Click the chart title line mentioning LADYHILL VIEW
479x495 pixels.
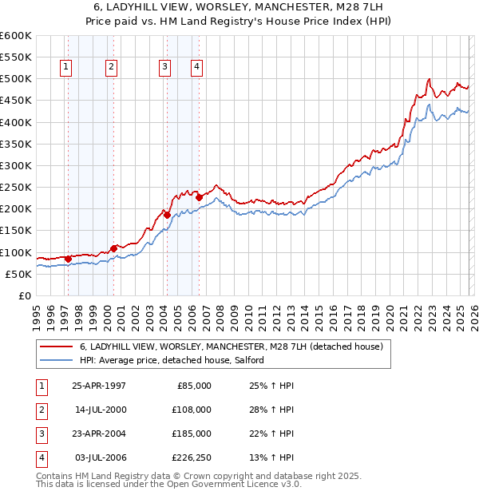point(239,6)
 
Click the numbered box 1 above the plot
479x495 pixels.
point(65,68)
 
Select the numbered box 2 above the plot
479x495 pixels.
point(111,68)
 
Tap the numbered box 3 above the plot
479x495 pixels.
point(164,68)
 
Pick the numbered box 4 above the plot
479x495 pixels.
point(196,68)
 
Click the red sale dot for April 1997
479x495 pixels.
point(69,259)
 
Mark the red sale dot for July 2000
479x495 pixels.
point(113,248)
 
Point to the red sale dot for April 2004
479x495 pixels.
point(167,215)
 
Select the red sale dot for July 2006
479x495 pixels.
point(199,197)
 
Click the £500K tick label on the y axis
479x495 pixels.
point(16,79)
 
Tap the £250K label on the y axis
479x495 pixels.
point(16,188)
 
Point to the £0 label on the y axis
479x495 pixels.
point(24,295)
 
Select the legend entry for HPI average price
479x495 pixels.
point(176,361)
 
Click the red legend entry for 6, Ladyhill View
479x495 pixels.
point(232,346)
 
